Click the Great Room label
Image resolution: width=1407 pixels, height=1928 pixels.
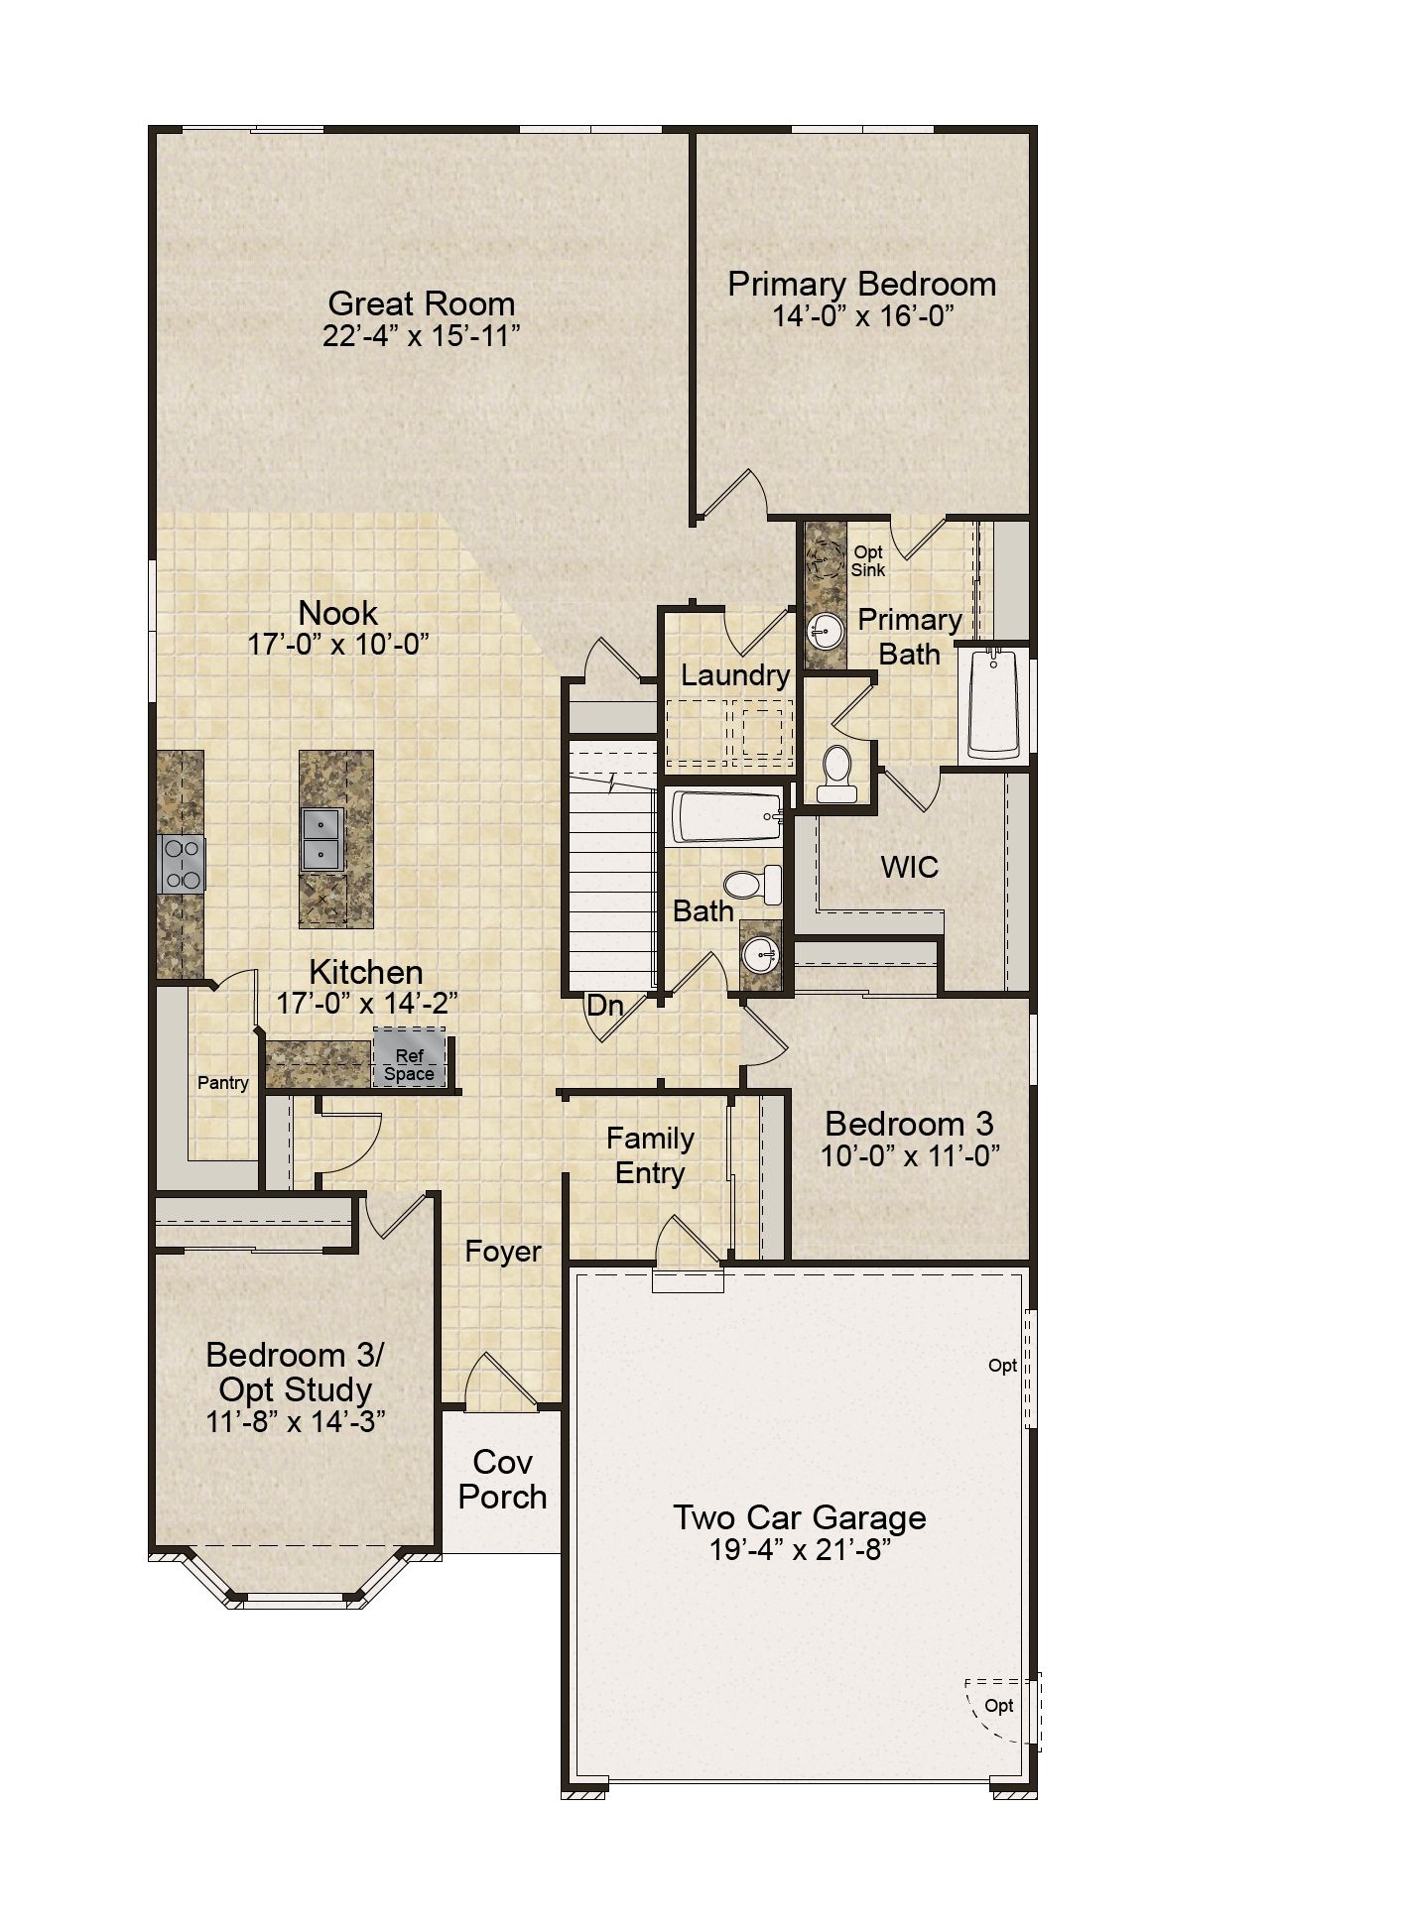422,303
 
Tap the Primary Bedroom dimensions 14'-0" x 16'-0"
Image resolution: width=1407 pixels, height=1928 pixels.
862,317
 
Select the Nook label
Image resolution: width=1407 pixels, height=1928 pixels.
338,613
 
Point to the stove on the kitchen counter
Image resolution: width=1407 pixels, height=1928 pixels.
182,864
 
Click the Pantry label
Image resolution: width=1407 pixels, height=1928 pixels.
223,1083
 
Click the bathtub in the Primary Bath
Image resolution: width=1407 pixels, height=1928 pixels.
994,703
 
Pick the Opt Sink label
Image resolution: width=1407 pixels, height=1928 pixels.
868,561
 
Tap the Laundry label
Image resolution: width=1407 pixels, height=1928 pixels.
735,675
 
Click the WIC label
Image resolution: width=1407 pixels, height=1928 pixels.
910,867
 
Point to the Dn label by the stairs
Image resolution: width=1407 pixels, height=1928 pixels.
605,1006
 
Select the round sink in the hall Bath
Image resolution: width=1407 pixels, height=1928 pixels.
761,955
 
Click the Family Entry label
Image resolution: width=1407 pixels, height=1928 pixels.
651,1155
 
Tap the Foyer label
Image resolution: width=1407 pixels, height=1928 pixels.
503,1252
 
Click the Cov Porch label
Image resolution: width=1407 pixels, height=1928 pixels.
503,1479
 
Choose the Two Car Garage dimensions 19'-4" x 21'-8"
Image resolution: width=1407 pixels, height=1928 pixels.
800,1550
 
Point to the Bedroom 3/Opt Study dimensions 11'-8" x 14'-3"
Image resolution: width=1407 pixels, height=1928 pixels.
296,1421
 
